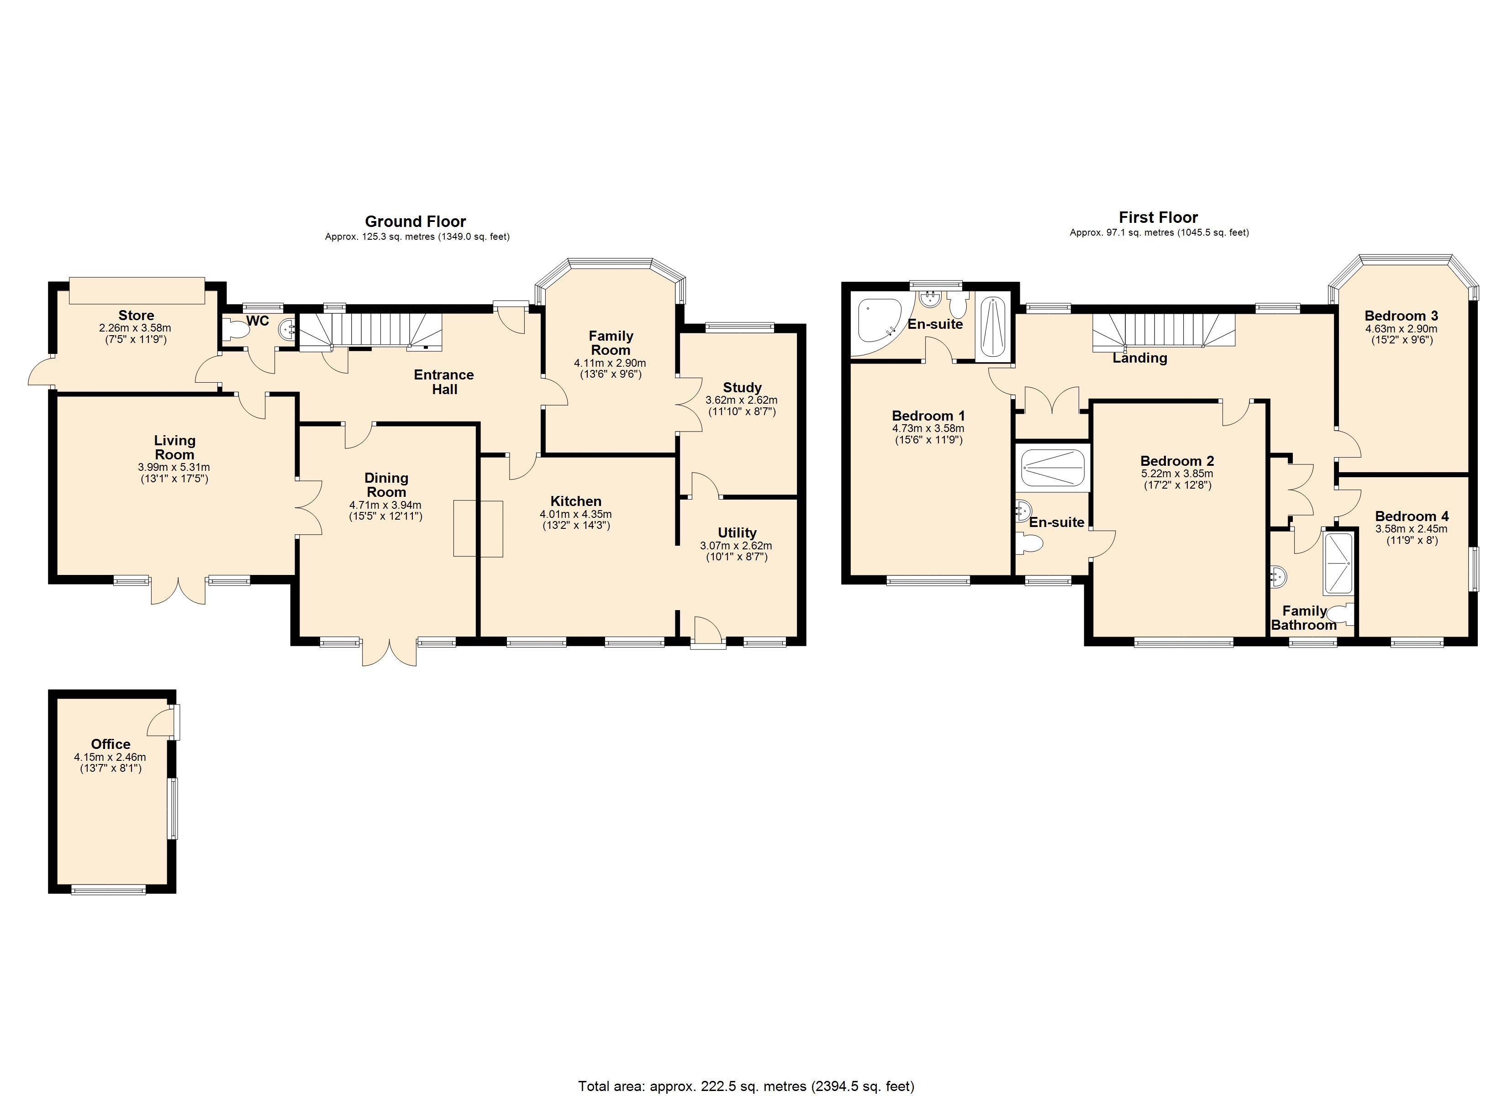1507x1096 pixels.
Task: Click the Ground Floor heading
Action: coord(415,221)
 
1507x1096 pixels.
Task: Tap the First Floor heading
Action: coord(1158,217)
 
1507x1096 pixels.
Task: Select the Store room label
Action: coord(136,315)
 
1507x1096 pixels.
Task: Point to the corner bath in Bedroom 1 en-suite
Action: coord(877,321)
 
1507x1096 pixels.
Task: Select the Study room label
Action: coord(742,388)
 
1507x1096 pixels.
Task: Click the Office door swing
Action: coord(162,723)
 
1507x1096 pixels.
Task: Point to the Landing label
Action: coord(1139,358)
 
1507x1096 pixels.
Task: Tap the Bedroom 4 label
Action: coord(1411,516)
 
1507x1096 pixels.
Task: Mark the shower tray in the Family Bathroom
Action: coord(1338,563)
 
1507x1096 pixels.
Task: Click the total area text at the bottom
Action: coord(746,1086)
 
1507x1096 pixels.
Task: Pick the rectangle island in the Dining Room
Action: coord(478,528)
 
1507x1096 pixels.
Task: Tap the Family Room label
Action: coord(611,343)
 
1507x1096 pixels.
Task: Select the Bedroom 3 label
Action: coord(1401,316)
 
